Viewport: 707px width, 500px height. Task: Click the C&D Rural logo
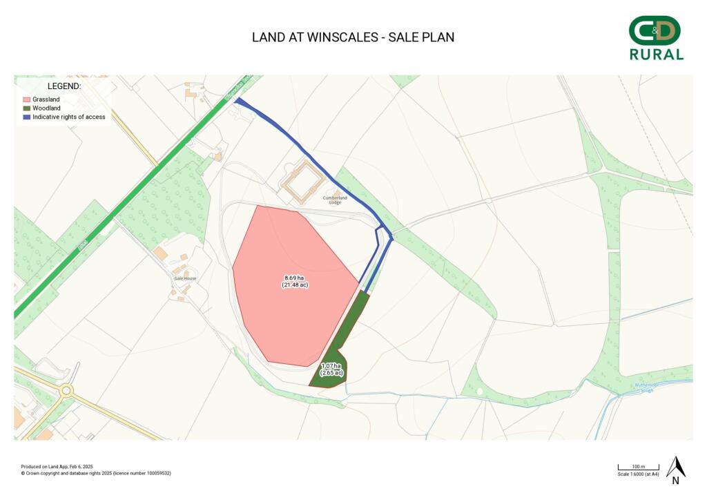(656, 39)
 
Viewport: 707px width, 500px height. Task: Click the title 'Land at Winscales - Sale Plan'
(353, 37)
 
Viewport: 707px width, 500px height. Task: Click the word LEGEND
(64, 86)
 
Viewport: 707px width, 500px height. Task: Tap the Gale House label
(185, 278)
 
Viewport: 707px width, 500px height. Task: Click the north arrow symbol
(675, 469)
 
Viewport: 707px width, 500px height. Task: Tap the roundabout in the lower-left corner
(66, 391)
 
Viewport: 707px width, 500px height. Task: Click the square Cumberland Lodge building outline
(302, 182)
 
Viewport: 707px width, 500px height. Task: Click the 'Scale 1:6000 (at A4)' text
(638, 474)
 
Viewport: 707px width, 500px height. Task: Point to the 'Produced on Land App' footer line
(57, 467)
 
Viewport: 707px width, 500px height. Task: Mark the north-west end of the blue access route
(238, 102)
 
